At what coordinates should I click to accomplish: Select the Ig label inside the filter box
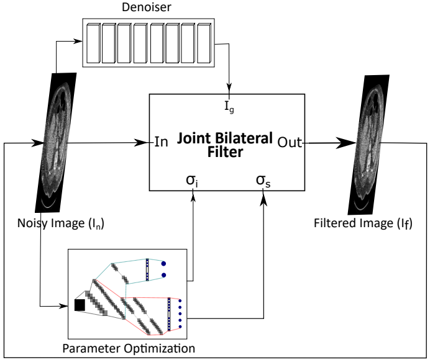[x=230, y=106]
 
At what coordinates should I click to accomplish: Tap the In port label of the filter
[x=161, y=142]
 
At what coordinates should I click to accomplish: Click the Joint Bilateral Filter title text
[x=226, y=144]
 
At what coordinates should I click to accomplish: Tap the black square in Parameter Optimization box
[x=80, y=305]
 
